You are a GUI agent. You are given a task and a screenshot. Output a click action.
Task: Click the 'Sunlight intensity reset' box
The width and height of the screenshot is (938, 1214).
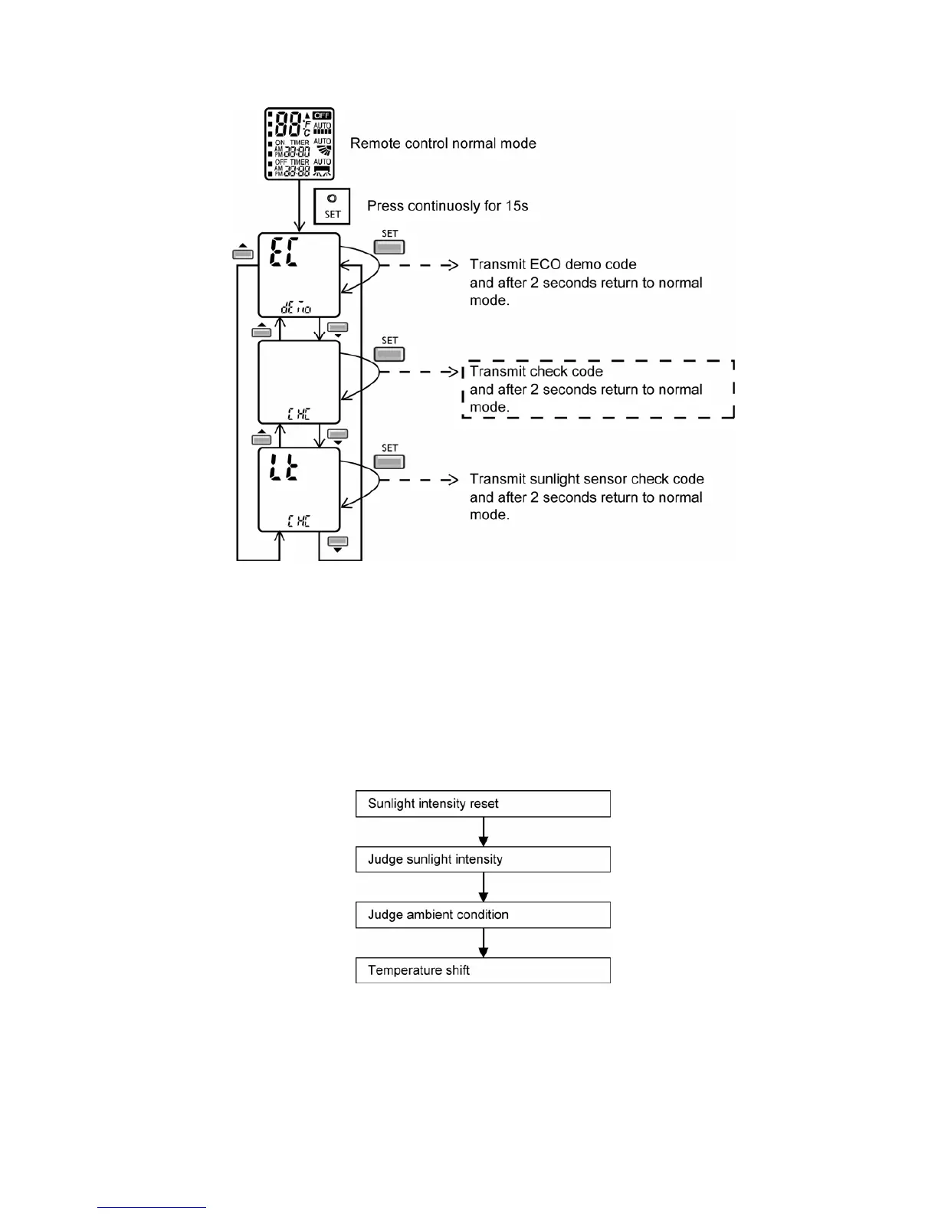[483, 804]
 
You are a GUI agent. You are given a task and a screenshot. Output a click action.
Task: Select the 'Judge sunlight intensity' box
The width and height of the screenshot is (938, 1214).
[483, 859]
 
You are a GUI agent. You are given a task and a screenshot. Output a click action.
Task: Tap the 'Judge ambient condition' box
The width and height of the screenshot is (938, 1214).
[483, 914]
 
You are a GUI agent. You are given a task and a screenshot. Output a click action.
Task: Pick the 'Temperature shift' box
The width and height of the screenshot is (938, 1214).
[483, 970]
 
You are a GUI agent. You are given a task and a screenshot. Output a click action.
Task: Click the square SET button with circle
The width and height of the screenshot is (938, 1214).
[332, 206]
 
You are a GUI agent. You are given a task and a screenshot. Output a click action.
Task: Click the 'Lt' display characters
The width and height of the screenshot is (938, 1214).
[284, 468]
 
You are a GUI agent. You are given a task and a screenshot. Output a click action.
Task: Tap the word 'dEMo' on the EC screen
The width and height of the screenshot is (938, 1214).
[297, 307]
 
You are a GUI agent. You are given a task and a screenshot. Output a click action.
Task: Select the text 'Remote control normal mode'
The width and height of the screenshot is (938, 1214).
[443, 143]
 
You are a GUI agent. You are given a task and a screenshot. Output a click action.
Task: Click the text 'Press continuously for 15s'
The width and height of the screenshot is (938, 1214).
[448, 206]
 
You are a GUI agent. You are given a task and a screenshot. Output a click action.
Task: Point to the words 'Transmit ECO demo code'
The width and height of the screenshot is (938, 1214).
[553, 264]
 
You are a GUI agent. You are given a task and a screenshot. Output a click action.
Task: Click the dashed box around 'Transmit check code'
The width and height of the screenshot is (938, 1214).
[598, 389]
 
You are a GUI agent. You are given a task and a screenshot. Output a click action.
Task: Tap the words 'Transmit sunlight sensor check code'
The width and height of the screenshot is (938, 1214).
[586, 479]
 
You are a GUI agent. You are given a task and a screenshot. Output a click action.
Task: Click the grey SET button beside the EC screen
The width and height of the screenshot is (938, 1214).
[389, 247]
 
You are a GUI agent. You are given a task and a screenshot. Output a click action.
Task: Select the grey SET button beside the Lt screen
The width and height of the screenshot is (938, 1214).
[389, 461]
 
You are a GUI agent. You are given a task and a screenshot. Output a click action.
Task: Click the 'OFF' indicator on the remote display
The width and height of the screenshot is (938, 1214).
[323, 116]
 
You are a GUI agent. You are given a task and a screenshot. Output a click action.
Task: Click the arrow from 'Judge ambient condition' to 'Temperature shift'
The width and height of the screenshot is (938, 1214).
[483, 943]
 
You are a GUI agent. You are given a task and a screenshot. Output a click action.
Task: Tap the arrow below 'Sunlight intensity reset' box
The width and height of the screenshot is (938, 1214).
[483, 832]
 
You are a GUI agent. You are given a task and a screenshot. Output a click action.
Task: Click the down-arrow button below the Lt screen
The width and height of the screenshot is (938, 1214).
[337, 543]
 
